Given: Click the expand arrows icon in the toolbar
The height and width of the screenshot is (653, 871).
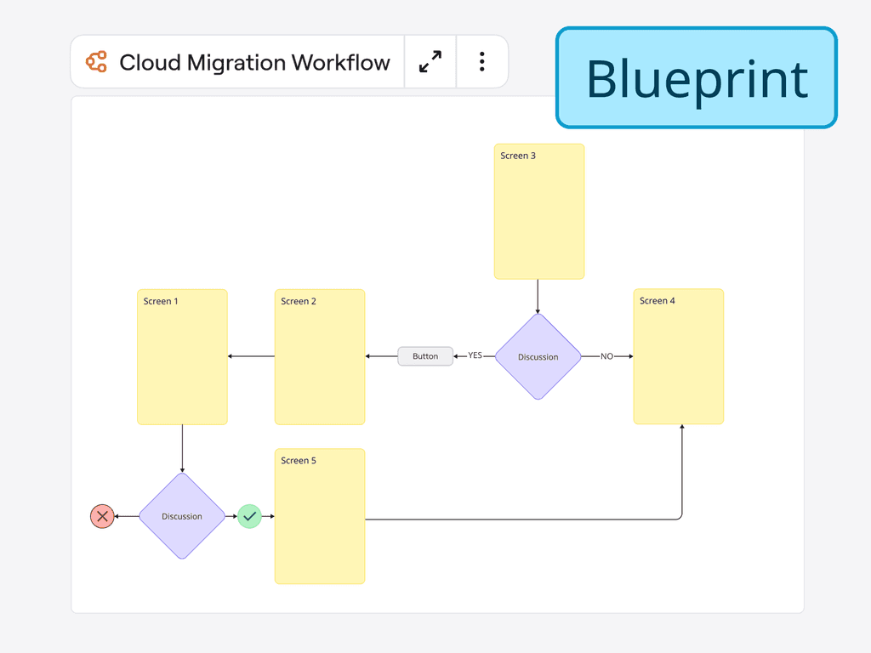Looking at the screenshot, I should point(430,61).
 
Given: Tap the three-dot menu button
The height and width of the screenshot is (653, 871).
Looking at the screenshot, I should point(481,61).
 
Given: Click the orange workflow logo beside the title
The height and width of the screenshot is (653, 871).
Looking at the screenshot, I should point(96,62).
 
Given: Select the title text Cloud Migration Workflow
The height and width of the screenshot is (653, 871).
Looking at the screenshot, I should point(254,62).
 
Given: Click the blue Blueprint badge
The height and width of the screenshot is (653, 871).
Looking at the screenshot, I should point(697,78).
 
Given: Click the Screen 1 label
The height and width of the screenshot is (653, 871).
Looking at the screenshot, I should point(161,301).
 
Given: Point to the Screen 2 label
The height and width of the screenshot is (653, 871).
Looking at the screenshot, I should point(299,301).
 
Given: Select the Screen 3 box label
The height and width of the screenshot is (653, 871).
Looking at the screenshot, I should point(518,156).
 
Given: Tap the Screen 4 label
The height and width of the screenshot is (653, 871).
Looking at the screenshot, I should point(658,300).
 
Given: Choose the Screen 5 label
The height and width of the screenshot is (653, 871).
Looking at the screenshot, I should point(299,460).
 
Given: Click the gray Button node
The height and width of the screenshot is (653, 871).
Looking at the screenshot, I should point(425,356).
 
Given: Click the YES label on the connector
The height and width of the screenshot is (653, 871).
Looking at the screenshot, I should point(475,355).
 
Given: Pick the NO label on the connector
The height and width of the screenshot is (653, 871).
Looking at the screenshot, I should point(606,356).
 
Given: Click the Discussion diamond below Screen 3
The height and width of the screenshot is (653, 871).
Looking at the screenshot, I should point(538,356).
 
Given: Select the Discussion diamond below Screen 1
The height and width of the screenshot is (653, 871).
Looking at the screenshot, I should point(182,516).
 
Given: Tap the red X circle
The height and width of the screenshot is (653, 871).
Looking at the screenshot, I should point(102,516).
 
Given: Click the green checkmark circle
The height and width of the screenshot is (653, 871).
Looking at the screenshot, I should point(249,516).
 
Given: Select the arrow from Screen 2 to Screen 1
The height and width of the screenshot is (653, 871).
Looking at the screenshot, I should point(251,356).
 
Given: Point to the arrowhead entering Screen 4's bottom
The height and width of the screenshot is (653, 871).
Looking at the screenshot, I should point(682,428).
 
